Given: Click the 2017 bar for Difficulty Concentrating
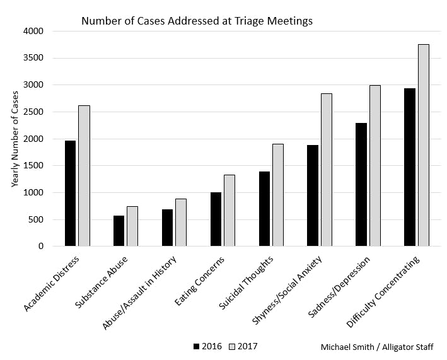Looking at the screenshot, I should (x=423, y=145).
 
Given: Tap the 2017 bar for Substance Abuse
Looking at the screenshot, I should (x=132, y=226).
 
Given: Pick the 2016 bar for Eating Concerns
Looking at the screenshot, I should (x=216, y=219).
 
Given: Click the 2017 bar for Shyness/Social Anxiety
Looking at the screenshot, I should (x=327, y=170).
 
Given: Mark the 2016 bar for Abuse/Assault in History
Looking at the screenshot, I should (x=167, y=228).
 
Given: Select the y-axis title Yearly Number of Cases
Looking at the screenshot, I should (x=15, y=139).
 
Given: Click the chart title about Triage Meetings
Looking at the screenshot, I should (x=197, y=21).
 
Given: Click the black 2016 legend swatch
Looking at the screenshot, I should (x=197, y=346).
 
